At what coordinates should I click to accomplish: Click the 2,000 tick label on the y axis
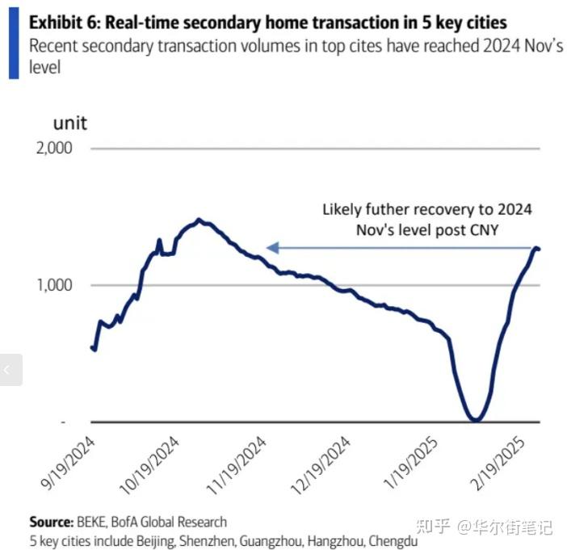(x=52, y=149)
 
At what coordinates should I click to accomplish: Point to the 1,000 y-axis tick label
(x=52, y=285)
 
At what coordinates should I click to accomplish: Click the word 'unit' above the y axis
(x=69, y=124)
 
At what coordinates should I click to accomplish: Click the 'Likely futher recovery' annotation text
(x=427, y=210)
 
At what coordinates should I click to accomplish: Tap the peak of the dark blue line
(x=199, y=220)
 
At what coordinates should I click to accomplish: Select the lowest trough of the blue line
(x=476, y=420)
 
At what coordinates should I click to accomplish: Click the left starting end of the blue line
(x=91, y=347)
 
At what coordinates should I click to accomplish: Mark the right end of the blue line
(x=539, y=249)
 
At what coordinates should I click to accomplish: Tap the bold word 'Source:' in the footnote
(x=52, y=522)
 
